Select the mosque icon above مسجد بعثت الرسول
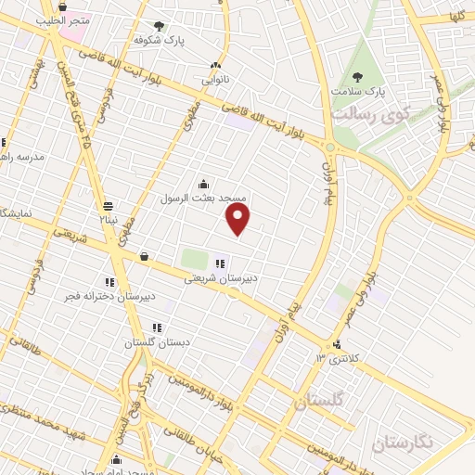click(203, 184)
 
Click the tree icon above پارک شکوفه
click(159, 26)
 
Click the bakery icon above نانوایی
click(216, 65)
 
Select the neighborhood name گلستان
click(317, 403)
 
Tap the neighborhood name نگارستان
click(401, 442)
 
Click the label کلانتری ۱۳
click(335, 358)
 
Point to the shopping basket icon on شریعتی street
click(144, 256)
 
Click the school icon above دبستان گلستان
click(157, 327)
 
